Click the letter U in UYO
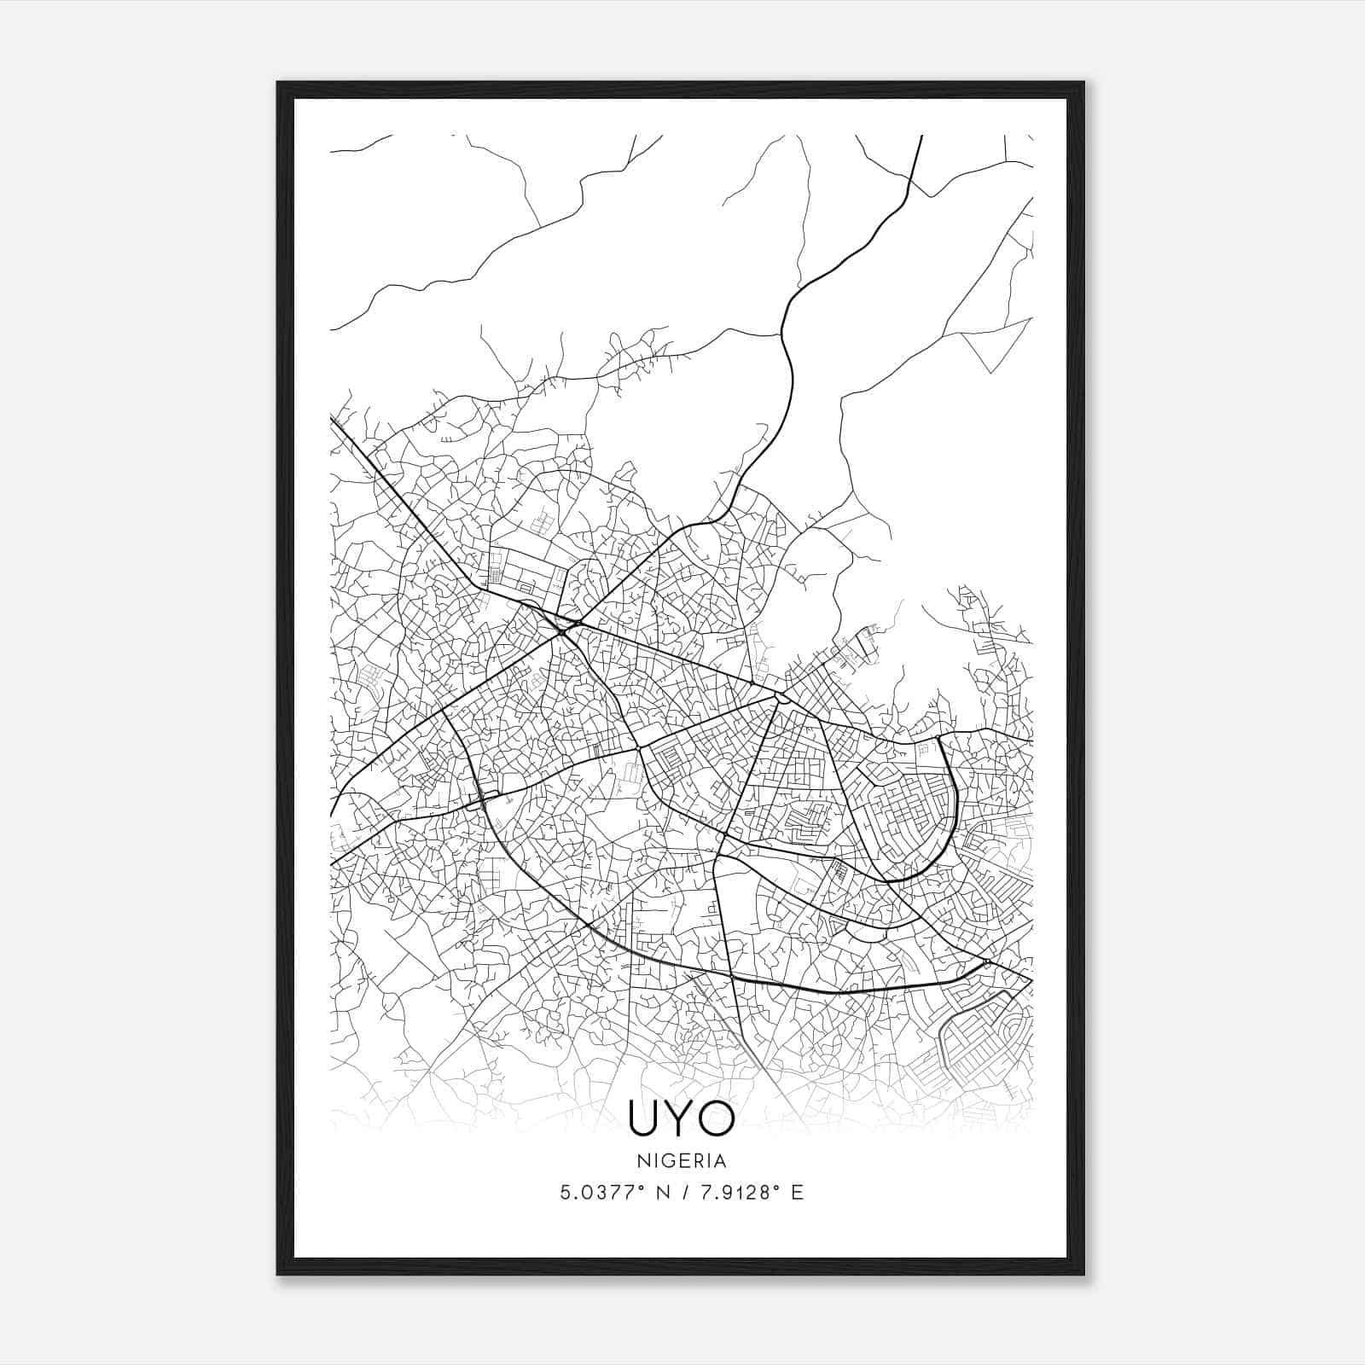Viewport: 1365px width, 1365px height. tap(644, 1118)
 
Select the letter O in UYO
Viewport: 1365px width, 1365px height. tap(717, 1118)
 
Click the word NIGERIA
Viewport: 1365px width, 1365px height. tap(681, 1161)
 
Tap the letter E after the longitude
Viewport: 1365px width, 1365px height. tap(797, 1193)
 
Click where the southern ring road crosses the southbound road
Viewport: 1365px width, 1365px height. tap(733, 973)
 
